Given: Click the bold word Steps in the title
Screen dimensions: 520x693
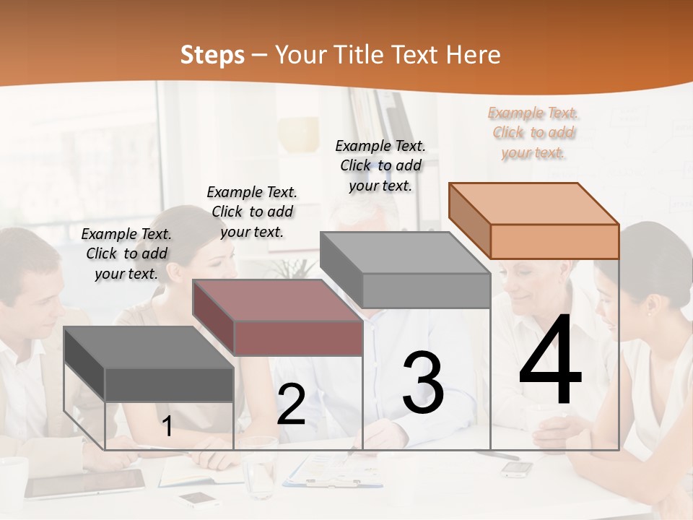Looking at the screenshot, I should (x=212, y=55).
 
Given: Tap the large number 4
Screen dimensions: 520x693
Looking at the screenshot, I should (x=550, y=361).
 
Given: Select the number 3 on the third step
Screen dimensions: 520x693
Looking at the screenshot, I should (x=422, y=383).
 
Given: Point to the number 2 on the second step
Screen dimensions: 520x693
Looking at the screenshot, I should (x=291, y=404).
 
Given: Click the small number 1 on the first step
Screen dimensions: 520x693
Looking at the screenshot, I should (x=167, y=426).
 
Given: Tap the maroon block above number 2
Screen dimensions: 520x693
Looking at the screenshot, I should (x=278, y=318).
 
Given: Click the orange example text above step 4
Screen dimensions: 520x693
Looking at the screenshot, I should (x=533, y=132).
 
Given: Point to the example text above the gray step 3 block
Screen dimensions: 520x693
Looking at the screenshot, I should (x=380, y=165).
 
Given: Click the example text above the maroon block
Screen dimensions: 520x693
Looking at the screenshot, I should (x=252, y=212).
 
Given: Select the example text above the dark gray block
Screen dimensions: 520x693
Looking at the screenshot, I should (x=126, y=253).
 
